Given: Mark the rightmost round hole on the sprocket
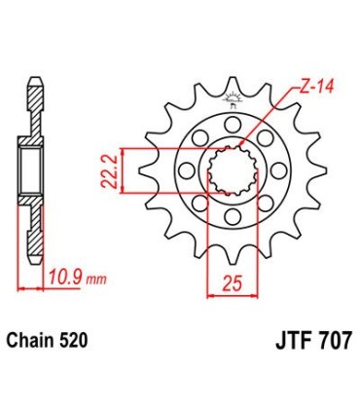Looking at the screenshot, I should [x=279, y=171].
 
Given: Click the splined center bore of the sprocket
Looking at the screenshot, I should [x=232, y=170].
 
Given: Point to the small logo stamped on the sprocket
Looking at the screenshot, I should [x=233, y=98].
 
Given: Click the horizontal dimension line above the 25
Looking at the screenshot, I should [x=231, y=292].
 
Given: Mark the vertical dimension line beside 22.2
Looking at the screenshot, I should [x=121, y=170].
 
